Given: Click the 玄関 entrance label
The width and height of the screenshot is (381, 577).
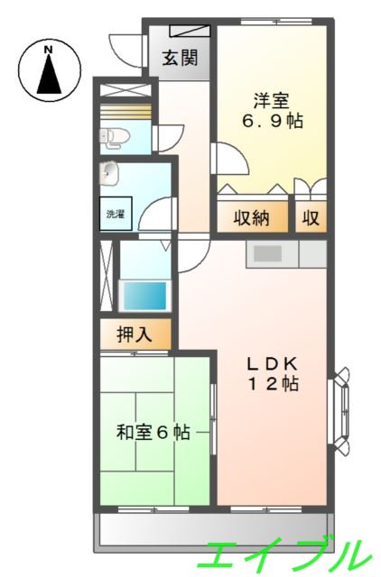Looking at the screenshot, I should [180, 60].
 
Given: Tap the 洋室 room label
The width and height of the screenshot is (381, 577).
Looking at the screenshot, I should [269, 100].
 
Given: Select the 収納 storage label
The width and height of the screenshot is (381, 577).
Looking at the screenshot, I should [251, 218].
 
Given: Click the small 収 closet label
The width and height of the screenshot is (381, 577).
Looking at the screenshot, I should [311, 218].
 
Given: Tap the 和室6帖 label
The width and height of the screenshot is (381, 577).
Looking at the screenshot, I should [153, 433].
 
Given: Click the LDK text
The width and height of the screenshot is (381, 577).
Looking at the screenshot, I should [274, 364].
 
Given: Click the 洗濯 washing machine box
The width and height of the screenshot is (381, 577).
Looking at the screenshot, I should [116, 215].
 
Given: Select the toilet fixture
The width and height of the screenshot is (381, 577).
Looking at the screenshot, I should [115, 138].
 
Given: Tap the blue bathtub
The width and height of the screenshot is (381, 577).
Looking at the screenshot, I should [144, 295].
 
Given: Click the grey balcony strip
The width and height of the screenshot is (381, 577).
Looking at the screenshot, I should [214, 531].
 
